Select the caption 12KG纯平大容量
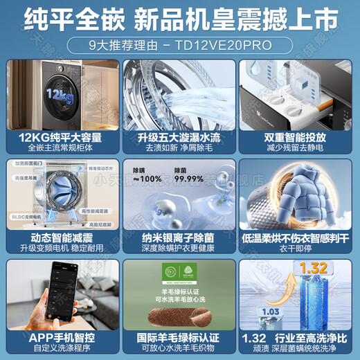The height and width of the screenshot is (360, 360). click(62, 138)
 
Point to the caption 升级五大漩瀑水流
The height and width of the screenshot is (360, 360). click(179, 138)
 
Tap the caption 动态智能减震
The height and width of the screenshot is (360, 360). click(62, 236)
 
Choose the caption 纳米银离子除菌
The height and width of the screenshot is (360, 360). click(179, 236)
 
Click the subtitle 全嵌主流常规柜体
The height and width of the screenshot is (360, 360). click(62, 148)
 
